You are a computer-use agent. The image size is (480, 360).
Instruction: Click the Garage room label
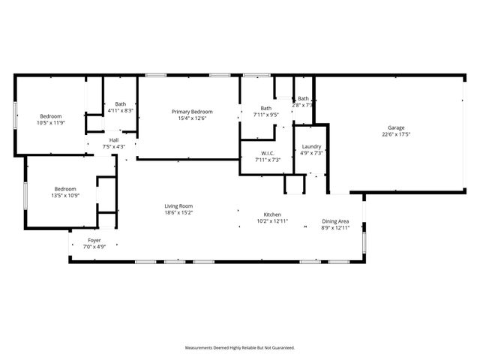point(397,127)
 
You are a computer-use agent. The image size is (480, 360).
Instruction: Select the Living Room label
point(179,205)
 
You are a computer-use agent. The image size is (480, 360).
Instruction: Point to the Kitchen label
point(271,214)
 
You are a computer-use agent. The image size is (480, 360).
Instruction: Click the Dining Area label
point(335,221)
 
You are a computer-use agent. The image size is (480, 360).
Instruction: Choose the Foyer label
point(94,240)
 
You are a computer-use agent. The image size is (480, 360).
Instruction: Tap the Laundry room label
point(311,146)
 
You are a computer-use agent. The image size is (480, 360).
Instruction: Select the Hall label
point(114,140)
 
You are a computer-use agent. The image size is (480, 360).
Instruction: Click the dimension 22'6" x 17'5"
point(397,134)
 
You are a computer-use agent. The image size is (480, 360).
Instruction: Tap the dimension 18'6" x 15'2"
point(179,212)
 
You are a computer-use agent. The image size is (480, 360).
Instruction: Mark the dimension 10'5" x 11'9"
point(51,122)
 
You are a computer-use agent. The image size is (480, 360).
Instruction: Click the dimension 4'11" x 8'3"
point(120,110)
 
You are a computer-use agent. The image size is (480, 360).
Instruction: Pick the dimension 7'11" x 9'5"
point(266,115)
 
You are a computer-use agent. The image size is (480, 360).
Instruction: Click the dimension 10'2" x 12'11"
point(271,221)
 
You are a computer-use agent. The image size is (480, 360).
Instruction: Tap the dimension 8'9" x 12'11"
point(335,228)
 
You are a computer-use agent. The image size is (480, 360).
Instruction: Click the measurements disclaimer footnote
point(240,347)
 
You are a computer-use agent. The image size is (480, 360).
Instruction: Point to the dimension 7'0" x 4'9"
point(94,246)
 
